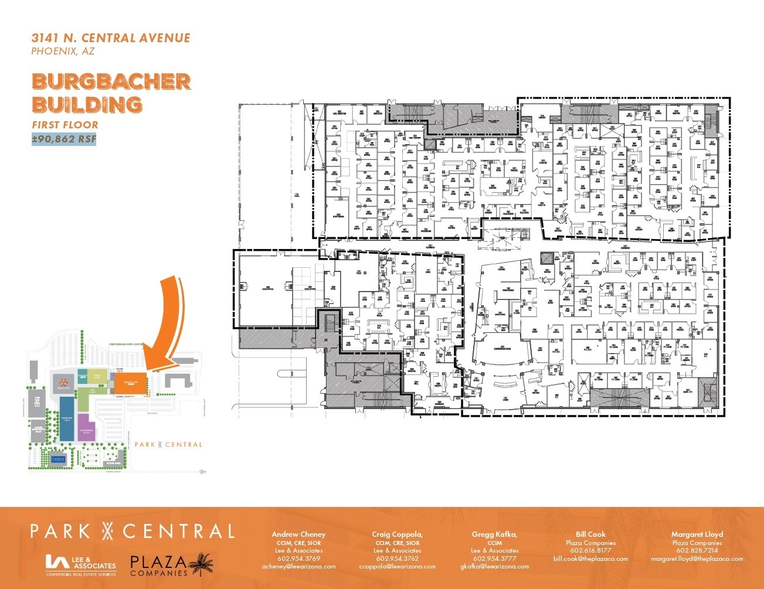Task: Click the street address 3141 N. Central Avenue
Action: (x=111, y=38)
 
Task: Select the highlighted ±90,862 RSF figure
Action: (x=64, y=139)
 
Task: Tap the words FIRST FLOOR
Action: (x=65, y=124)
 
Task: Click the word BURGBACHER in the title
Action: (x=111, y=81)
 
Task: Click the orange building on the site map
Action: (x=128, y=384)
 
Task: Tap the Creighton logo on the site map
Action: (x=57, y=459)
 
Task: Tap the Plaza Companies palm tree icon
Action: (x=203, y=564)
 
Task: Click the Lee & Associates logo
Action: (x=81, y=566)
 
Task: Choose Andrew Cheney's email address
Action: (x=298, y=567)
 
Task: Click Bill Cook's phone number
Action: (x=590, y=551)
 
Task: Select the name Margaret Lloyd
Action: (x=697, y=534)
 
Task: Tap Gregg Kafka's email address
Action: (x=494, y=567)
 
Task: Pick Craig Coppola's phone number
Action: (x=397, y=559)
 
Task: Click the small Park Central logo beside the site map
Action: (x=168, y=445)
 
